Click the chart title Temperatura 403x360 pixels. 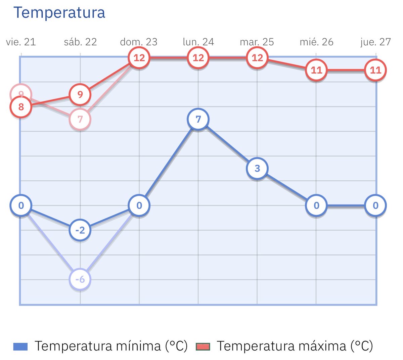[59, 13]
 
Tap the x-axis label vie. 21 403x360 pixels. [21, 42]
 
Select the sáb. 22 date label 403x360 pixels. [80, 42]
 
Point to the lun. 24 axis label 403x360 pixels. [198, 42]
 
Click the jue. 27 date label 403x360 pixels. [375, 42]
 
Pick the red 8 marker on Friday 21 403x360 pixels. [21, 107]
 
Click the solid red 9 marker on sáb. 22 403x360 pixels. [80, 94]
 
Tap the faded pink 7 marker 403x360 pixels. [80, 119]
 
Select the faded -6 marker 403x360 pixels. [80, 279]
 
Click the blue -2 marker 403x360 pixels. [80, 230]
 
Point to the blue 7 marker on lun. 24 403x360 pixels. [198, 119]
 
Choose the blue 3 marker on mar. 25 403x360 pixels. [257, 168]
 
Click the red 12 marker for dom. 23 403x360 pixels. [139, 58]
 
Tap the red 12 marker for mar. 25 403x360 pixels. [257, 58]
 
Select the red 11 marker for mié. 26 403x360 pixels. [316, 70]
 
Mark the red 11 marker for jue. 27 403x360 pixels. [375, 70]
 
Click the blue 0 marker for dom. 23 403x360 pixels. [139, 206]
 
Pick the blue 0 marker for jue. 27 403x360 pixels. [375, 206]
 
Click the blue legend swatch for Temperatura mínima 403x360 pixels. [20, 346]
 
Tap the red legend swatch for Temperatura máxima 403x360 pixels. [203, 346]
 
